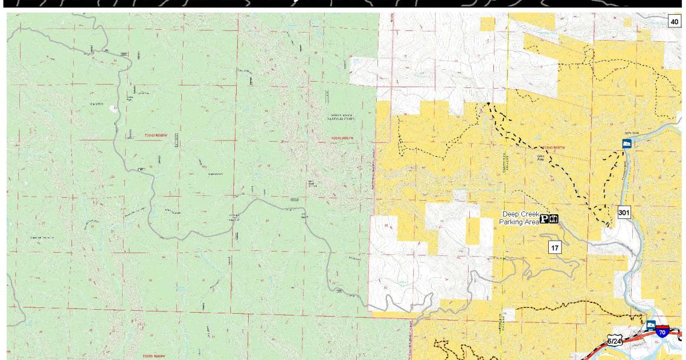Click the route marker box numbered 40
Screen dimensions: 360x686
click(x=675, y=22)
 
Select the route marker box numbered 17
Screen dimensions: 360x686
click(x=555, y=247)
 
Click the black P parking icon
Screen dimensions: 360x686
click(x=544, y=219)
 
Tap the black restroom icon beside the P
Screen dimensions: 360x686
click(x=553, y=219)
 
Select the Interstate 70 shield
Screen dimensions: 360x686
click(x=662, y=332)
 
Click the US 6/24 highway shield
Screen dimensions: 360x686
click(x=615, y=341)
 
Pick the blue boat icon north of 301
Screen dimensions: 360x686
click(x=627, y=143)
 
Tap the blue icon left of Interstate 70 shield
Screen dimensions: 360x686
click(x=651, y=325)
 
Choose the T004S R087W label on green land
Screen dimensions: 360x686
click(x=343, y=138)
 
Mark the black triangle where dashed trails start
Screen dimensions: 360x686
click(x=489, y=103)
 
